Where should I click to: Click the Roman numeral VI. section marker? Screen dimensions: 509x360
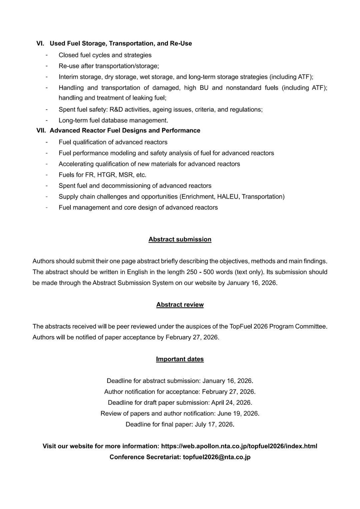point(40,43)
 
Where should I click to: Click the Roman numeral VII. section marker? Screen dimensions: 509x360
point(41,130)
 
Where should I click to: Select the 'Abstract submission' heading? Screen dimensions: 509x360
point(180,239)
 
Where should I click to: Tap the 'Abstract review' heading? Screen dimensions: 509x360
point(180,305)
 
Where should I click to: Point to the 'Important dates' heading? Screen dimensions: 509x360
point(180,359)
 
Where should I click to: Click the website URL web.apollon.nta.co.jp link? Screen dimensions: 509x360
point(239,446)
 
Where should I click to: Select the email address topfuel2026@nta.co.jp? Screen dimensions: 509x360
point(217,457)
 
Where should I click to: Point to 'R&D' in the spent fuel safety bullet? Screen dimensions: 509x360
point(116,109)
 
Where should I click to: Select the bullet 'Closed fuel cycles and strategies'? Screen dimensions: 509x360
point(105,55)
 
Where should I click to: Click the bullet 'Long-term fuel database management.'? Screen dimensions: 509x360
point(113,120)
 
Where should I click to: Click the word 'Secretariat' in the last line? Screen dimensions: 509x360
point(163,457)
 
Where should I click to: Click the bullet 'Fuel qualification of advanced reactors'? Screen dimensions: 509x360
point(113,142)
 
